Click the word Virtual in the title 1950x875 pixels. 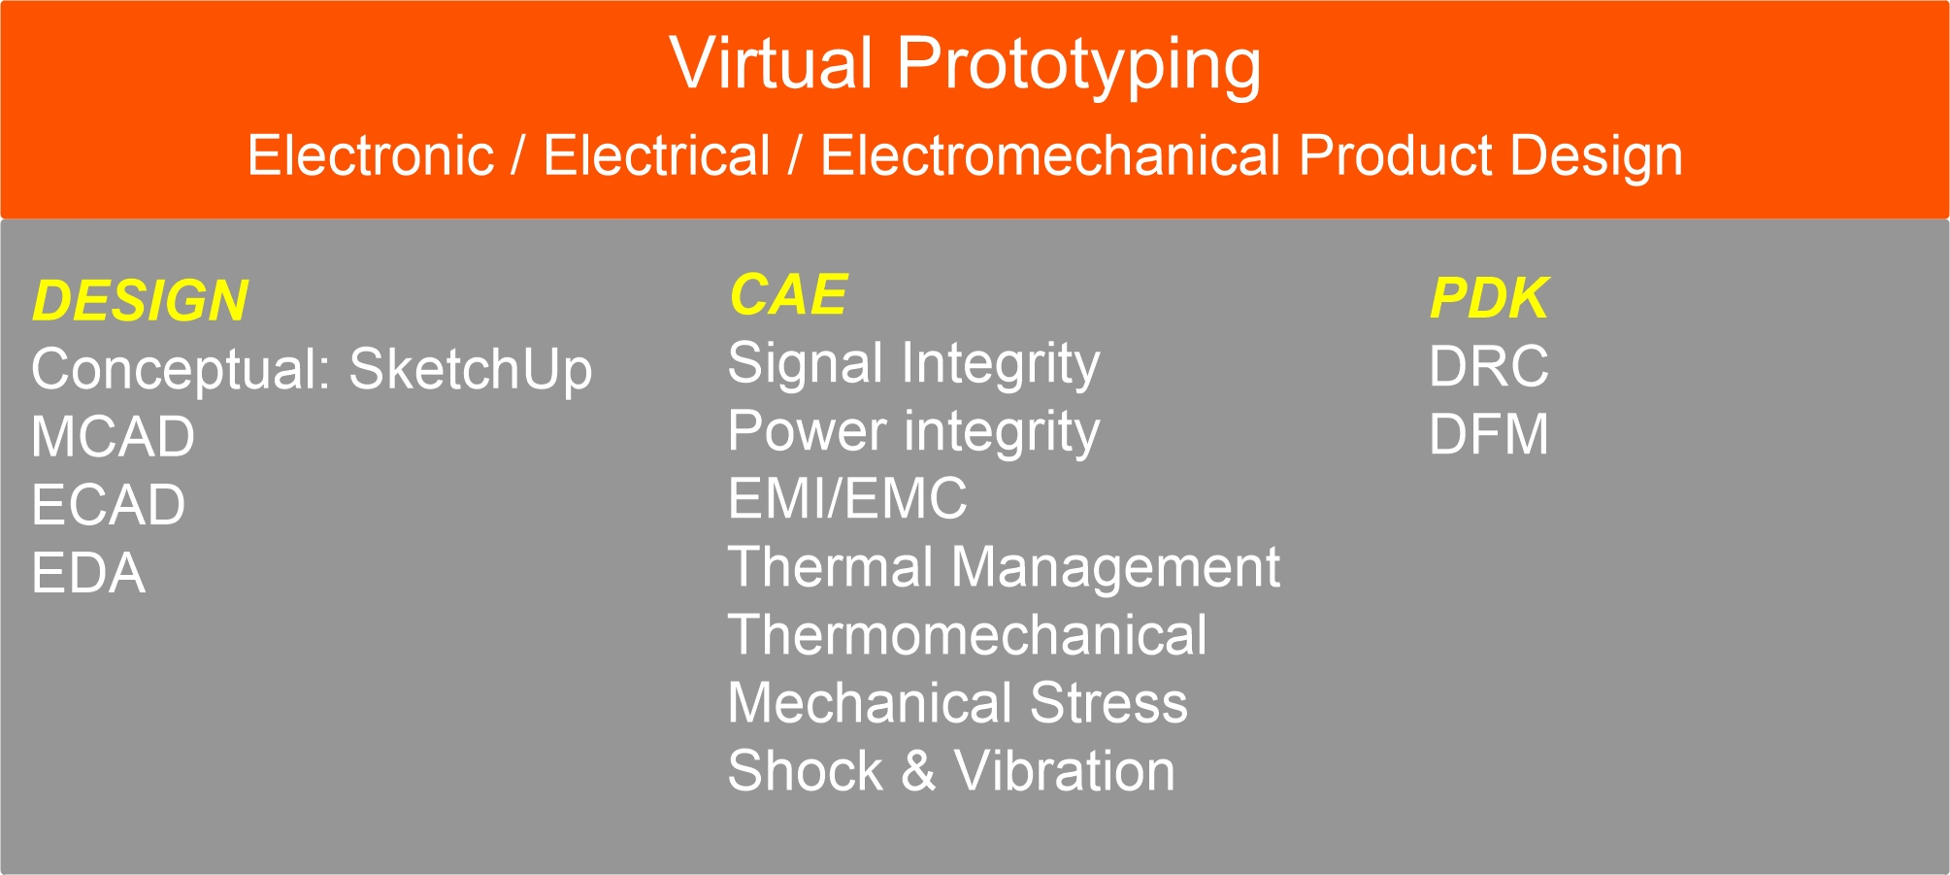tap(772, 64)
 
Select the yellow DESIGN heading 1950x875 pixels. tap(141, 300)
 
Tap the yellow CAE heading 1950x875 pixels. tap(788, 294)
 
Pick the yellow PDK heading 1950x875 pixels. tap(1488, 298)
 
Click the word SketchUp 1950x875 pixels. tap(471, 371)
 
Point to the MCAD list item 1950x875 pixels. tap(113, 437)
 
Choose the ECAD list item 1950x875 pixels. tap(109, 505)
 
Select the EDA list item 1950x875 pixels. tap(89, 573)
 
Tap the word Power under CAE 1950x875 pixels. tap(808, 430)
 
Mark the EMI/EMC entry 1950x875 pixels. tap(847, 498)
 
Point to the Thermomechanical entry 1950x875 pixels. tap(968, 635)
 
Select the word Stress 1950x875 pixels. tap(1108, 703)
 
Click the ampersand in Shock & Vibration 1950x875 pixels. tap(918, 771)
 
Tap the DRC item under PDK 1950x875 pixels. tap(1489, 366)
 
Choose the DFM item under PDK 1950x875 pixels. tap(1489, 434)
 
